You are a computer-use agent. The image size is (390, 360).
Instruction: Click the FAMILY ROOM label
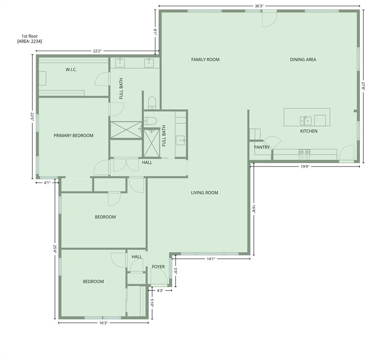click(205, 60)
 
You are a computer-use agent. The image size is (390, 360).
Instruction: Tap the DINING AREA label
click(303, 60)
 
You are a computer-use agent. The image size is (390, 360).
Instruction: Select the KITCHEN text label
click(308, 131)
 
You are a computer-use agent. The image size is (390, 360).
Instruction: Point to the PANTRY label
click(262, 147)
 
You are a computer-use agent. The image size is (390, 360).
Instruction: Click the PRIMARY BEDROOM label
click(73, 135)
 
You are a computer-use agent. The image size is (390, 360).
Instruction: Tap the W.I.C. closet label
click(71, 70)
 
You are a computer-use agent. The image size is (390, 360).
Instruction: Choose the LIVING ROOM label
click(204, 193)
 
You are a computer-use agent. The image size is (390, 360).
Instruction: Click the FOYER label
click(158, 267)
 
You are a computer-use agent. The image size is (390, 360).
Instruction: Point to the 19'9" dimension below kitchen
click(305, 166)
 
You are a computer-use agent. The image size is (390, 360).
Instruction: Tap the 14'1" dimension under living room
click(211, 259)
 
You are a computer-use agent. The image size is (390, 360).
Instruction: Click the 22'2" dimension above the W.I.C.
click(98, 51)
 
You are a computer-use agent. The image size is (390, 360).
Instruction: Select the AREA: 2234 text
click(29, 41)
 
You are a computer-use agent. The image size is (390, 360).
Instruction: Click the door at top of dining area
click(268, 18)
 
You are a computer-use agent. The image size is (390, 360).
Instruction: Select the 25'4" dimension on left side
click(55, 249)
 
